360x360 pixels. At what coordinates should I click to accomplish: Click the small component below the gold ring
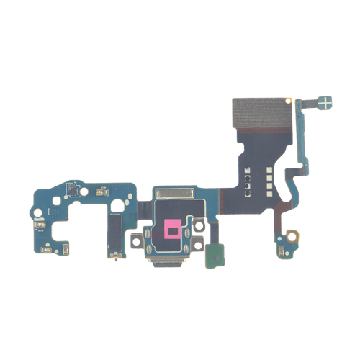[x=279, y=253]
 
